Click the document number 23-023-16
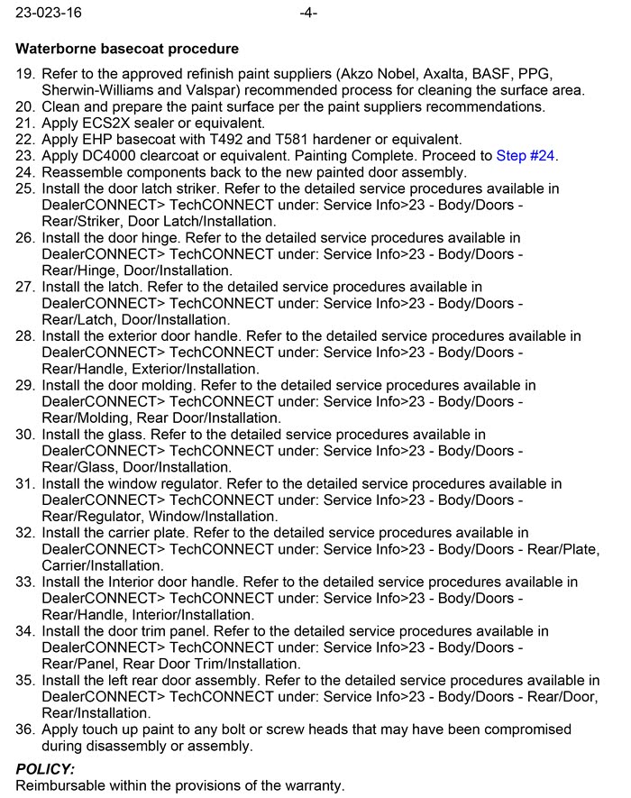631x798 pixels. click(45, 14)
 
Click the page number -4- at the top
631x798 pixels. click(307, 14)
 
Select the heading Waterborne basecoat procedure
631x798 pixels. click(127, 49)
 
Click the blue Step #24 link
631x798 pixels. click(526, 155)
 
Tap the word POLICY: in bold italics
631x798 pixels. click(45, 769)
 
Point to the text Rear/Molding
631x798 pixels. click(84, 417)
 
